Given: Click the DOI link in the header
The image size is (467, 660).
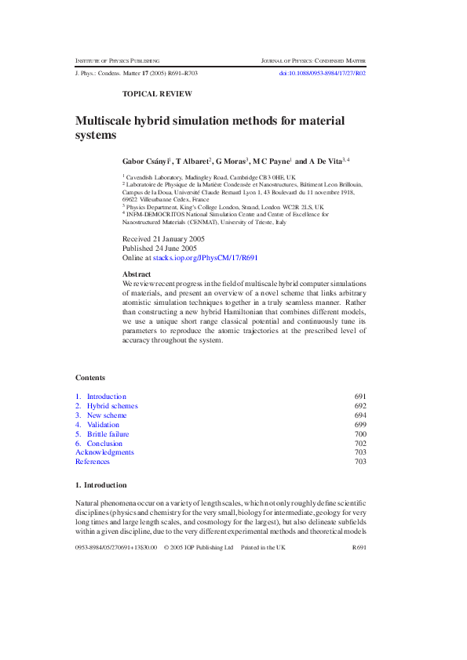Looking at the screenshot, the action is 323,73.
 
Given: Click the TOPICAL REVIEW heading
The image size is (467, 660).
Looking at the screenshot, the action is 157,94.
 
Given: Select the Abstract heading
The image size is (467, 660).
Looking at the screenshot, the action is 137,274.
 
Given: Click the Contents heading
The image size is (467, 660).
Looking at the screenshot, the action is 89,377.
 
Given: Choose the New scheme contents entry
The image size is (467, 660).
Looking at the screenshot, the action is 106,415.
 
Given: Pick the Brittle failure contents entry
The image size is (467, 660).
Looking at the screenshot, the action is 108,434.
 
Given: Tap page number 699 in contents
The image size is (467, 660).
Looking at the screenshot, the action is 360,425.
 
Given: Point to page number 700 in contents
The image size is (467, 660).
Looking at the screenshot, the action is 360,434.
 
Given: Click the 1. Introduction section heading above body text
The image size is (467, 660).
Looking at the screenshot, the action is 100,485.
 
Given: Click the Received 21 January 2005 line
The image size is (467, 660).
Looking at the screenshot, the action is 163,238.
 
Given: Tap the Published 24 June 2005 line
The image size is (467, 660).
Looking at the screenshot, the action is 159,248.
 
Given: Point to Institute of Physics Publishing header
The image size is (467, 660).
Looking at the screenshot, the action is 117,60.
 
